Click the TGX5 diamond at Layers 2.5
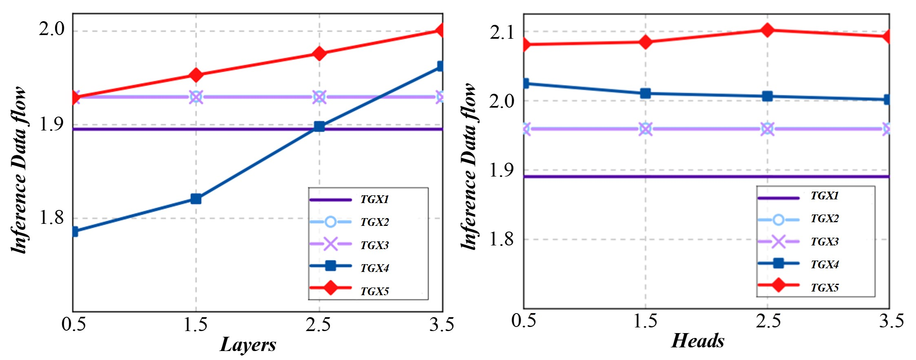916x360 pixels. pyautogui.click(x=319, y=53)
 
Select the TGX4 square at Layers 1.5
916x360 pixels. pyautogui.click(x=196, y=199)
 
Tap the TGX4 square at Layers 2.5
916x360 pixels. pyautogui.click(x=319, y=126)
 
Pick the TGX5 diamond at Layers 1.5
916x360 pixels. pyautogui.click(x=196, y=75)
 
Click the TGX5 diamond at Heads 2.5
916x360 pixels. pyautogui.click(x=767, y=30)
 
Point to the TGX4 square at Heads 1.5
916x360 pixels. pyautogui.click(x=645, y=93)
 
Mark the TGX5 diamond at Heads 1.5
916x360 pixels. pyautogui.click(x=645, y=42)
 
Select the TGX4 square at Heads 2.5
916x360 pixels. pyautogui.click(x=767, y=96)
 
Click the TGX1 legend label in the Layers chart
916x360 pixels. pyautogui.click(x=374, y=199)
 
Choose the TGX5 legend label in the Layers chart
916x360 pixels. pyautogui.click(x=374, y=291)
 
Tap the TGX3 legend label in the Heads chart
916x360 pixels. pyautogui.click(x=824, y=242)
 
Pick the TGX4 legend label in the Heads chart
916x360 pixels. pyautogui.click(x=824, y=265)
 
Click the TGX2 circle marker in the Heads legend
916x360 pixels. pyautogui.click(x=778, y=220)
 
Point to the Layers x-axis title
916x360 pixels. pyautogui.click(x=248, y=345)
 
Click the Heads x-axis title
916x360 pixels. pyautogui.click(x=698, y=341)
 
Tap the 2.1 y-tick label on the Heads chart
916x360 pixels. pyautogui.click(x=502, y=32)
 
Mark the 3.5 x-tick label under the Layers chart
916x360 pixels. pyautogui.click(x=442, y=325)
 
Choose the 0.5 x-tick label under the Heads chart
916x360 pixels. pyautogui.click(x=524, y=321)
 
